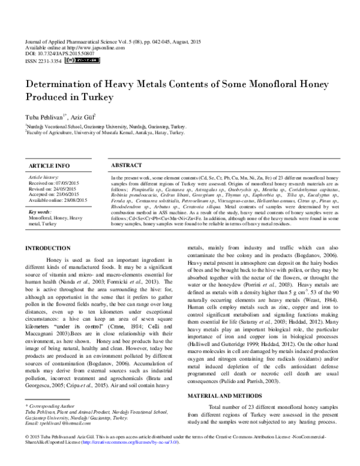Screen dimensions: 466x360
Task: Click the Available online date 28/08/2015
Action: (74, 199)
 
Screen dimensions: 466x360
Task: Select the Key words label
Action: (41, 213)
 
